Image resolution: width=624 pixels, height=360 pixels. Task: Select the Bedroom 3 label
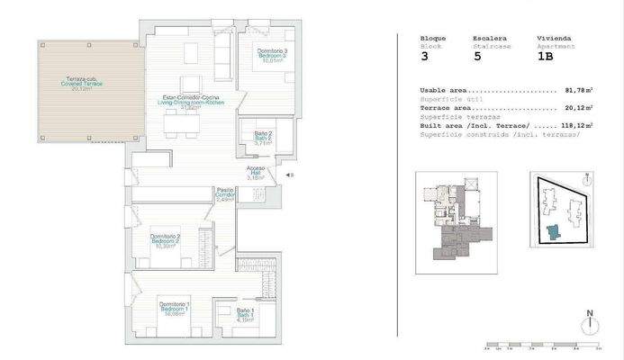(273, 56)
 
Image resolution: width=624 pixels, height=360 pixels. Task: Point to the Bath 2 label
(263, 139)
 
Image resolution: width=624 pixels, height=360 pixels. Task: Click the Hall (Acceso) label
(257, 174)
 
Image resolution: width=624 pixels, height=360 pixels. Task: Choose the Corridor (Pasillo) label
(225, 194)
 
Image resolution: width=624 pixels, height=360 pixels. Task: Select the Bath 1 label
(246, 314)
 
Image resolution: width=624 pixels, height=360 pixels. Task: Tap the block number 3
(424, 55)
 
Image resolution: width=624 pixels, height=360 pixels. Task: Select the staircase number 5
(477, 55)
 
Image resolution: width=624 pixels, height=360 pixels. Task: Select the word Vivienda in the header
(552, 38)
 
